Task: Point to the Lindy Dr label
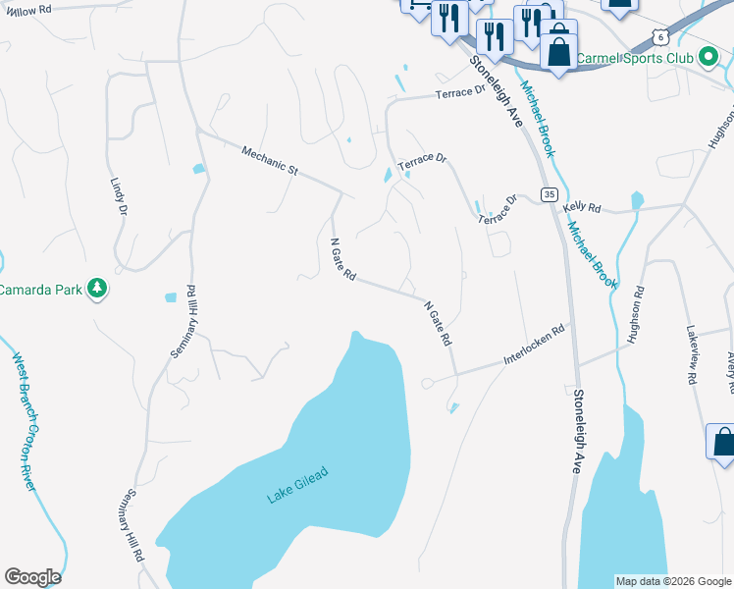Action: point(119,196)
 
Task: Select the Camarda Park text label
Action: point(40,290)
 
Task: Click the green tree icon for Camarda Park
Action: point(96,289)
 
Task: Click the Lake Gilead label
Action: point(296,485)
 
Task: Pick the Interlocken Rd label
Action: point(536,347)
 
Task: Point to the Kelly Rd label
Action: point(580,208)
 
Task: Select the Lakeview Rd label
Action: point(692,354)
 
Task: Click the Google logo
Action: point(32,577)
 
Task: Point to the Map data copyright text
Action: point(672,581)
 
